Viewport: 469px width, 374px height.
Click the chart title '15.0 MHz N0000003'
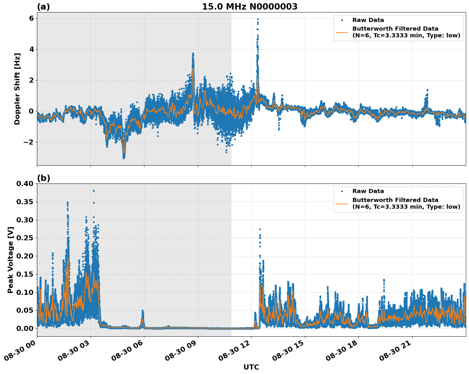pos(249,7)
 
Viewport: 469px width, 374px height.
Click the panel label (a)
pos(43,7)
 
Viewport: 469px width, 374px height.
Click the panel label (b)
pos(43,178)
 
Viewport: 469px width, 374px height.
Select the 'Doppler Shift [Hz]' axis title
pos(17,89)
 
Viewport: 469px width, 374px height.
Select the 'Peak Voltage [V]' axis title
pos(11,260)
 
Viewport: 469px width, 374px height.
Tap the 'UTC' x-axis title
pos(251,367)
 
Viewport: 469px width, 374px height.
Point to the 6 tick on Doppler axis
pos(31,18)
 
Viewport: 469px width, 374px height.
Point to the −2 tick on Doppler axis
pos(29,142)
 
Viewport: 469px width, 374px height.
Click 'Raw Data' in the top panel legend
pos(368,20)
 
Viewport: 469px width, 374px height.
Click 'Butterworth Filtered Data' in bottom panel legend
pos(395,200)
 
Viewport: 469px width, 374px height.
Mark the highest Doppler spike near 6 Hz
pos(257,19)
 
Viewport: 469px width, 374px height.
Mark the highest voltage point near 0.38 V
pos(94,191)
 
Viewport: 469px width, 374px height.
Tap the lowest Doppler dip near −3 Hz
pos(124,157)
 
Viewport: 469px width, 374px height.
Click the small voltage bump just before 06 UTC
pos(142,311)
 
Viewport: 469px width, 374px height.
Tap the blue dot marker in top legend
pos(342,20)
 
